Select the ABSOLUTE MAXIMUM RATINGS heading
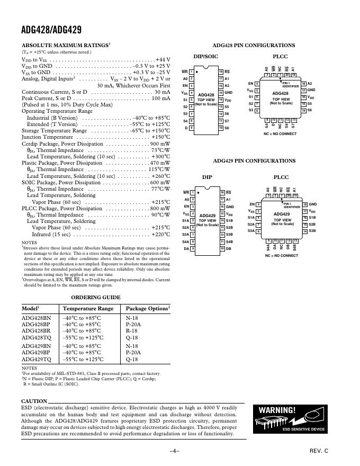coord(65,46)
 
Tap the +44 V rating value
coord(163,60)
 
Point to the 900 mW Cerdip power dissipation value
coord(160,144)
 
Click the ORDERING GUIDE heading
coord(95,298)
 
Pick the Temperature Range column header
coord(88,308)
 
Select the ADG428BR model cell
coord(36,330)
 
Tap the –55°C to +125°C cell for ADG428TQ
coord(83,337)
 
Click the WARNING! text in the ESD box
coord(277,410)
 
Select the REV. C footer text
coord(319,451)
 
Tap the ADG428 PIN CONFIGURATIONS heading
coord(254,46)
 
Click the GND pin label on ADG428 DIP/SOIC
coord(228,93)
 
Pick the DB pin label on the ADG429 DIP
coord(229,248)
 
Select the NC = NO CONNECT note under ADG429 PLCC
coord(281,255)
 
